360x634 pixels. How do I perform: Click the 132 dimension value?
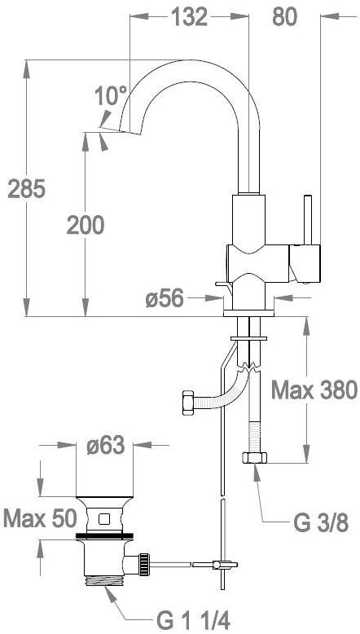tap(190, 17)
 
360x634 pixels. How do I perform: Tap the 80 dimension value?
tap(284, 17)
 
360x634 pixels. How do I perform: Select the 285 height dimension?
tap(27, 189)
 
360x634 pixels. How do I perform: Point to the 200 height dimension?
tap(86, 225)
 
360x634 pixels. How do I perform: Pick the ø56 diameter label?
tap(165, 299)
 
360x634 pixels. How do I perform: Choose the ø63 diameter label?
tap(105, 447)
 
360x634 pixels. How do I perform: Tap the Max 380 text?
tap(314, 390)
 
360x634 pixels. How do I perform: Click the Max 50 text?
tap(40, 519)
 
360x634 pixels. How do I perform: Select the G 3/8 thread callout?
tap(320, 524)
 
